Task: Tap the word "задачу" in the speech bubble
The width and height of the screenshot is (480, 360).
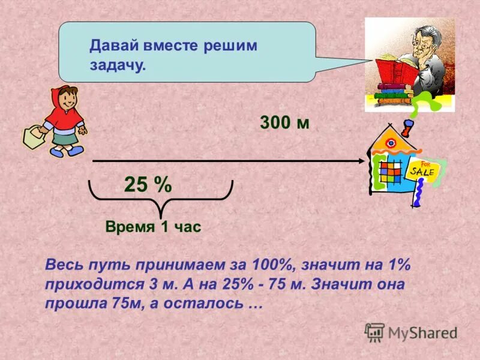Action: pyautogui.click(x=117, y=65)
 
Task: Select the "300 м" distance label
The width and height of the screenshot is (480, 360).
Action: pyautogui.click(x=284, y=123)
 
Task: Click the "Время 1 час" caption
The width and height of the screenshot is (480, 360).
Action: pyautogui.click(x=152, y=227)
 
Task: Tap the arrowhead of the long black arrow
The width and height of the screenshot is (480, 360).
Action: pyautogui.click(x=361, y=161)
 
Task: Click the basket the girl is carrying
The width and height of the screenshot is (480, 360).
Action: pyautogui.click(x=34, y=137)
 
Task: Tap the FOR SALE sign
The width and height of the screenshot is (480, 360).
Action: pyautogui.click(x=425, y=170)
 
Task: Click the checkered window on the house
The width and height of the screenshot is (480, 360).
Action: pyautogui.click(x=391, y=174)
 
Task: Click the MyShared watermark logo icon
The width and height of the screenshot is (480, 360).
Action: pyautogui.click(x=374, y=332)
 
